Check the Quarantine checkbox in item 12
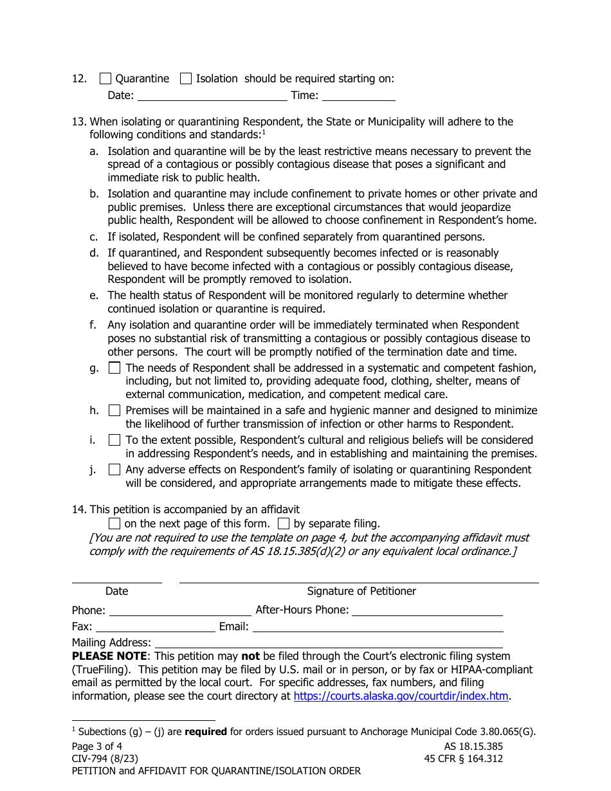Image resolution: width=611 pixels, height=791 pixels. tap(105, 79)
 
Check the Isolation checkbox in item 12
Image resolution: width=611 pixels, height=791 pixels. tap(186, 79)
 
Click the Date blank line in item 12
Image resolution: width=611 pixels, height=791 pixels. tap(212, 96)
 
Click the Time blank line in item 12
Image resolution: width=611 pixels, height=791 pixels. tap(358, 96)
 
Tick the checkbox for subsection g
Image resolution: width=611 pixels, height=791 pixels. tap(114, 368)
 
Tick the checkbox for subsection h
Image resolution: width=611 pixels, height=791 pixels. tap(114, 410)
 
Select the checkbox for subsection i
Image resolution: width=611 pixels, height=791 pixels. tap(114, 441)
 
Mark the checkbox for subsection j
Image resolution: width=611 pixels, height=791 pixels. tap(114, 470)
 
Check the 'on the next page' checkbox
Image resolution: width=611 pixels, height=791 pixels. tap(114, 524)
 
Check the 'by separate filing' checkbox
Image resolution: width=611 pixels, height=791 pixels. tap(283, 524)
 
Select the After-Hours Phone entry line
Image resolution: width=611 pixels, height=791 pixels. tap(427, 610)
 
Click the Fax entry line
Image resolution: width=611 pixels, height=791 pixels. tap(155, 627)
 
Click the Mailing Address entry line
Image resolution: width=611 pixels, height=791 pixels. tap(329, 642)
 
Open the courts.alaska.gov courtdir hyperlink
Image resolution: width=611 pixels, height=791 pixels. tap(401, 696)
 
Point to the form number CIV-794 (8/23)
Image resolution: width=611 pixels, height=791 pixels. tap(105, 759)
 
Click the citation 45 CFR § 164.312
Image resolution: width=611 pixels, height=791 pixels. tap(459, 759)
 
